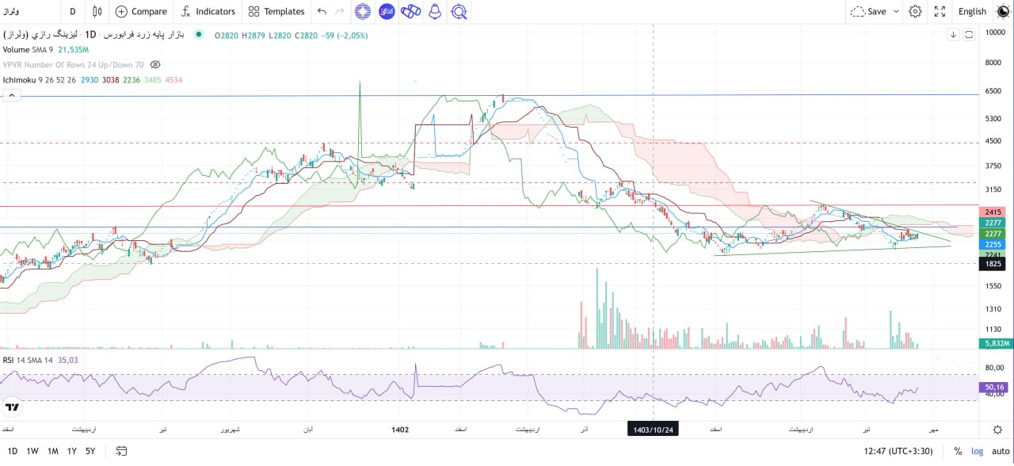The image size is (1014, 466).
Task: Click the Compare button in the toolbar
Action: coord(141,11)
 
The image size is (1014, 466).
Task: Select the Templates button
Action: coord(276,11)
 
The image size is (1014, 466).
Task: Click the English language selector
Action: coord(972,11)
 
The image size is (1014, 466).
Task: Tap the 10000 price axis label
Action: coord(995,32)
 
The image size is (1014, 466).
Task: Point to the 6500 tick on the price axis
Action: coord(994,91)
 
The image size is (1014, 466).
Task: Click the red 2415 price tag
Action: coord(993,212)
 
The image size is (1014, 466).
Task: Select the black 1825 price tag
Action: coord(993,264)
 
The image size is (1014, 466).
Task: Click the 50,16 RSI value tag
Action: coord(994,388)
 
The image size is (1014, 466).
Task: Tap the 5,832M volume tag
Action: coord(995,343)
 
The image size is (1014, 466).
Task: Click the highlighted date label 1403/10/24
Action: coord(653,429)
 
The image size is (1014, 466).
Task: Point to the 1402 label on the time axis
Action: coord(400,430)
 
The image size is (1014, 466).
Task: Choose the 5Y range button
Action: coord(91,451)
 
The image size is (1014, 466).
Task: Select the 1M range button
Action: coord(52,451)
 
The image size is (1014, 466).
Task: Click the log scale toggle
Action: coord(976,451)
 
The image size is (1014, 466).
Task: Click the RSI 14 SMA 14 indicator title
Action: coord(27,360)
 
